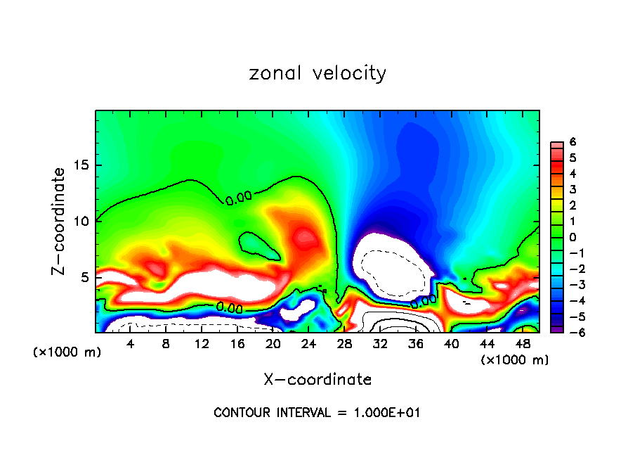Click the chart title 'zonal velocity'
(317, 73)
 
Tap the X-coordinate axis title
(317, 380)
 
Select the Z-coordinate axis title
(60, 221)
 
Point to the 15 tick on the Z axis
(81, 165)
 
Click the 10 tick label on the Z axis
(81, 221)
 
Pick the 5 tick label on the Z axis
(86, 277)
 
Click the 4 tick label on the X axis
(130, 344)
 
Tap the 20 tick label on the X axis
(273, 344)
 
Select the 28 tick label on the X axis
(345, 344)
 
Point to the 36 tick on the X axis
(417, 344)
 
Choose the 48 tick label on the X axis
(523, 344)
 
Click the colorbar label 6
(573, 142)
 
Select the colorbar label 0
(573, 238)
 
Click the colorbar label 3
(573, 190)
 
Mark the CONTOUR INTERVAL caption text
(317, 413)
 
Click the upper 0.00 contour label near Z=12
(240, 200)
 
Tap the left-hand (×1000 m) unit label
(67, 352)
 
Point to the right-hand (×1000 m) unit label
(514, 360)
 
